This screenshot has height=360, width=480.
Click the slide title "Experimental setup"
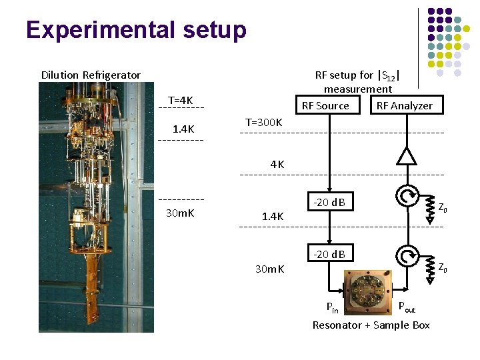(x=136, y=30)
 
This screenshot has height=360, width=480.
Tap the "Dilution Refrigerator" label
(x=91, y=75)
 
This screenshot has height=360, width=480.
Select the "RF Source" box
(x=325, y=105)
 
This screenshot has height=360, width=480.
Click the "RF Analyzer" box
(x=404, y=105)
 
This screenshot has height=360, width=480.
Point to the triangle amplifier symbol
(x=405, y=156)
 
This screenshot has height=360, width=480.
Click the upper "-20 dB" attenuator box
(x=329, y=202)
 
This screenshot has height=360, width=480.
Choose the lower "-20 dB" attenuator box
(x=329, y=253)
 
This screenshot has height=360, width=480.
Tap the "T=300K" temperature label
(x=264, y=123)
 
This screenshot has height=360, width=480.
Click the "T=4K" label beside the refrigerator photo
(x=181, y=100)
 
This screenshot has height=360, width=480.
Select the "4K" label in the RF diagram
(x=277, y=164)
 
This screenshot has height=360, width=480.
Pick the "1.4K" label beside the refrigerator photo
(x=183, y=129)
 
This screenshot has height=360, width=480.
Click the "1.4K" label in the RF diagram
(x=273, y=216)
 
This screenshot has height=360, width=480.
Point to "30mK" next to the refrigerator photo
(x=180, y=213)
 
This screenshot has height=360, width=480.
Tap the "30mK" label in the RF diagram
(x=270, y=269)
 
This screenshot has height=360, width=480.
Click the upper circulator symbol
(x=405, y=196)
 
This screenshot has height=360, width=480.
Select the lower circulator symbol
(x=405, y=255)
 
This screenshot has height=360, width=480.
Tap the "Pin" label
(x=332, y=308)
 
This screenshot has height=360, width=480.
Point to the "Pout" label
(x=406, y=307)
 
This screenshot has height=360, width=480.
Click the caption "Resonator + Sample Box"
(x=371, y=325)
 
